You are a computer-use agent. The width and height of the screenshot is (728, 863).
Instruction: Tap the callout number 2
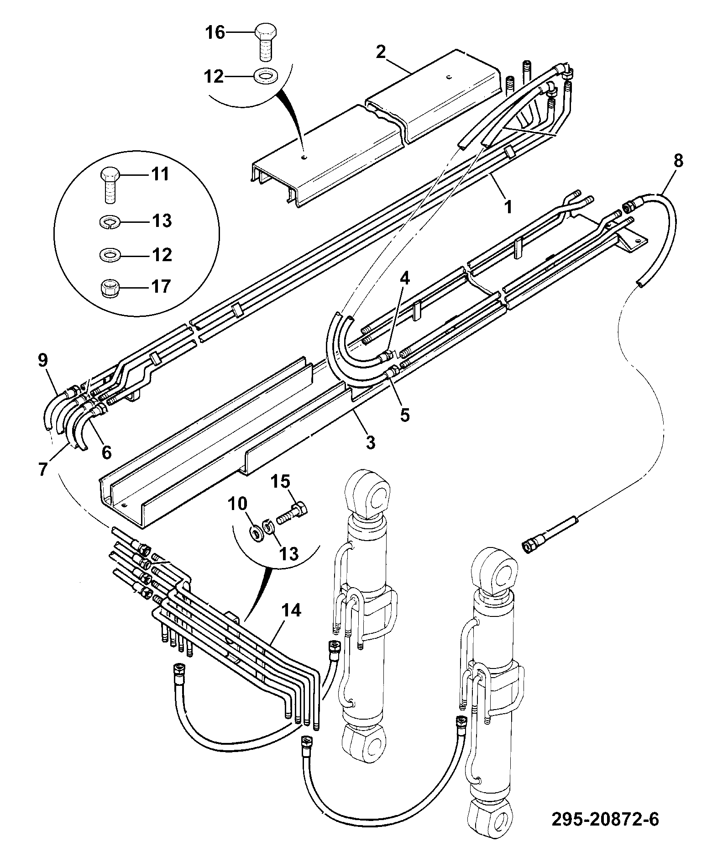[381, 52]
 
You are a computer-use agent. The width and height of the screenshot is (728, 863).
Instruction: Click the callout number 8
[678, 161]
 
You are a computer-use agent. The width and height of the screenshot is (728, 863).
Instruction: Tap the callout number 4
[405, 279]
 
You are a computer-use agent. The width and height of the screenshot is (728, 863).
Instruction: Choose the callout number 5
[405, 415]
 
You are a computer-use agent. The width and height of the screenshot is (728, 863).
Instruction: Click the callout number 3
[370, 442]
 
